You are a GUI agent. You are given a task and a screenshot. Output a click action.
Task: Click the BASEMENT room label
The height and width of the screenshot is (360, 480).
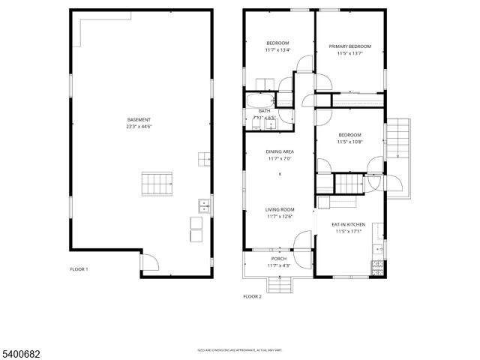(x=139, y=120)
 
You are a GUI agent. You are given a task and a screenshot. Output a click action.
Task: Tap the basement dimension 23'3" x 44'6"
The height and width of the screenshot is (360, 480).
(x=139, y=127)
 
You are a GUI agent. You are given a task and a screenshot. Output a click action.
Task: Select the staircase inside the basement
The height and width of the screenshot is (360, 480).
(x=157, y=182)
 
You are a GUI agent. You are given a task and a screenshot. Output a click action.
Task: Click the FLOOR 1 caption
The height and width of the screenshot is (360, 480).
(x=79, y=268)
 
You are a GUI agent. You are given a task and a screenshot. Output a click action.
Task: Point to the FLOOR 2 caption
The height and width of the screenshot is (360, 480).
(x=252, y=297)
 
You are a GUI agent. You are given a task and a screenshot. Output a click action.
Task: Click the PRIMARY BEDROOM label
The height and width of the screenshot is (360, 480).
(x=349, y=46)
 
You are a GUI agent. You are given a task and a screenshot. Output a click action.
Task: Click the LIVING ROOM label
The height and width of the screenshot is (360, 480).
(x=280, y=210)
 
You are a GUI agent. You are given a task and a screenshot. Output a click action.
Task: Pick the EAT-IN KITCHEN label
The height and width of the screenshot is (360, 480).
(x=348, y=224)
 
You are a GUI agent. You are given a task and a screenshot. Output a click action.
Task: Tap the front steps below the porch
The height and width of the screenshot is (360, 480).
(x=278, y=283)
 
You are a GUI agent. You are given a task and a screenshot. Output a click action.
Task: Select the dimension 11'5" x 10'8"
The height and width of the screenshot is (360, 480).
(x=349, y=142)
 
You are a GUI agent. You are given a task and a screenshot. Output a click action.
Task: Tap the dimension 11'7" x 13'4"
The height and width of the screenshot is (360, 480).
(x=277, y=51)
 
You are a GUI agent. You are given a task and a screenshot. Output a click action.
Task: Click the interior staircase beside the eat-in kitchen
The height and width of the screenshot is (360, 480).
(x=348, y=183)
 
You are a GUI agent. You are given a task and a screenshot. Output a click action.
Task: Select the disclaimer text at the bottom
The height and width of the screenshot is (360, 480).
(x=239, y=349)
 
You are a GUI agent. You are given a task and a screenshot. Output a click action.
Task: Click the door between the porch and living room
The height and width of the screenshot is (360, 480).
(x=302, y=241)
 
